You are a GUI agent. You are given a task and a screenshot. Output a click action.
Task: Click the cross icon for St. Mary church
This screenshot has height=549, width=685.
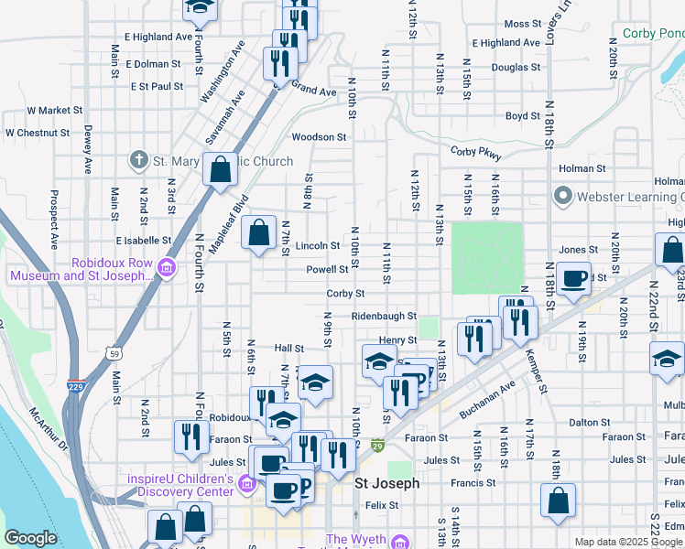click(139, 161)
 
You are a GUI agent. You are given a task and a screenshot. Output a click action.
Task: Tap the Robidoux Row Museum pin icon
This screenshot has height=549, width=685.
click(167, 268)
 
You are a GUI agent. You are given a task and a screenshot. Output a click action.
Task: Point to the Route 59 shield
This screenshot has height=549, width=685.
click(114, 352)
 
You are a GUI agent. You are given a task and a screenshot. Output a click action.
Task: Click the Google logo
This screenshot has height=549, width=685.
click(29, 538)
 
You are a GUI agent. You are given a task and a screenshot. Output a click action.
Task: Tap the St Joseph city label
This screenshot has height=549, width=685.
click(387, 483)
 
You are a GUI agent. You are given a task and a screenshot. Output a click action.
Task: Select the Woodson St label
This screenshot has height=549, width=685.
click(319, 137)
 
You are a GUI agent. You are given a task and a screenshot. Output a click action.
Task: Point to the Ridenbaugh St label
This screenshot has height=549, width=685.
click(384, 317)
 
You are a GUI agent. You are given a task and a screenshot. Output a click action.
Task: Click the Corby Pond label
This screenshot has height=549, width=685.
click(653, 33)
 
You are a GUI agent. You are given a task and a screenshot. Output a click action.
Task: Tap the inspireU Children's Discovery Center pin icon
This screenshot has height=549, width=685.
click(245, 484)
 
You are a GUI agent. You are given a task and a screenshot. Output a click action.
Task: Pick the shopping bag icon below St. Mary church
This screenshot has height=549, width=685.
click(221, 170)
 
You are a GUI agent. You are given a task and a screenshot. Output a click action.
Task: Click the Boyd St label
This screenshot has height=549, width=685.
click(522, 116)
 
